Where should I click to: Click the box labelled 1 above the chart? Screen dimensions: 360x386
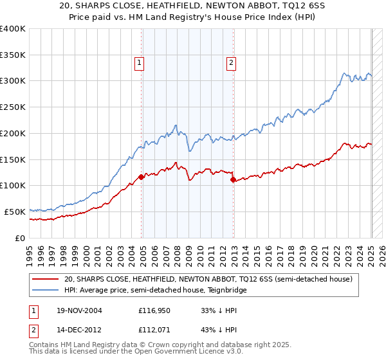click(140, 62)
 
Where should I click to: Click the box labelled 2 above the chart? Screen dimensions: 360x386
click(231, 62)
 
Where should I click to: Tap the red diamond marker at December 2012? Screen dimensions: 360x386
click(233, 180)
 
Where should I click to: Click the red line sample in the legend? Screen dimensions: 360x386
click(46, 280)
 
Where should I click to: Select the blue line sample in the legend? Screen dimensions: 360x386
click(46, 291)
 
